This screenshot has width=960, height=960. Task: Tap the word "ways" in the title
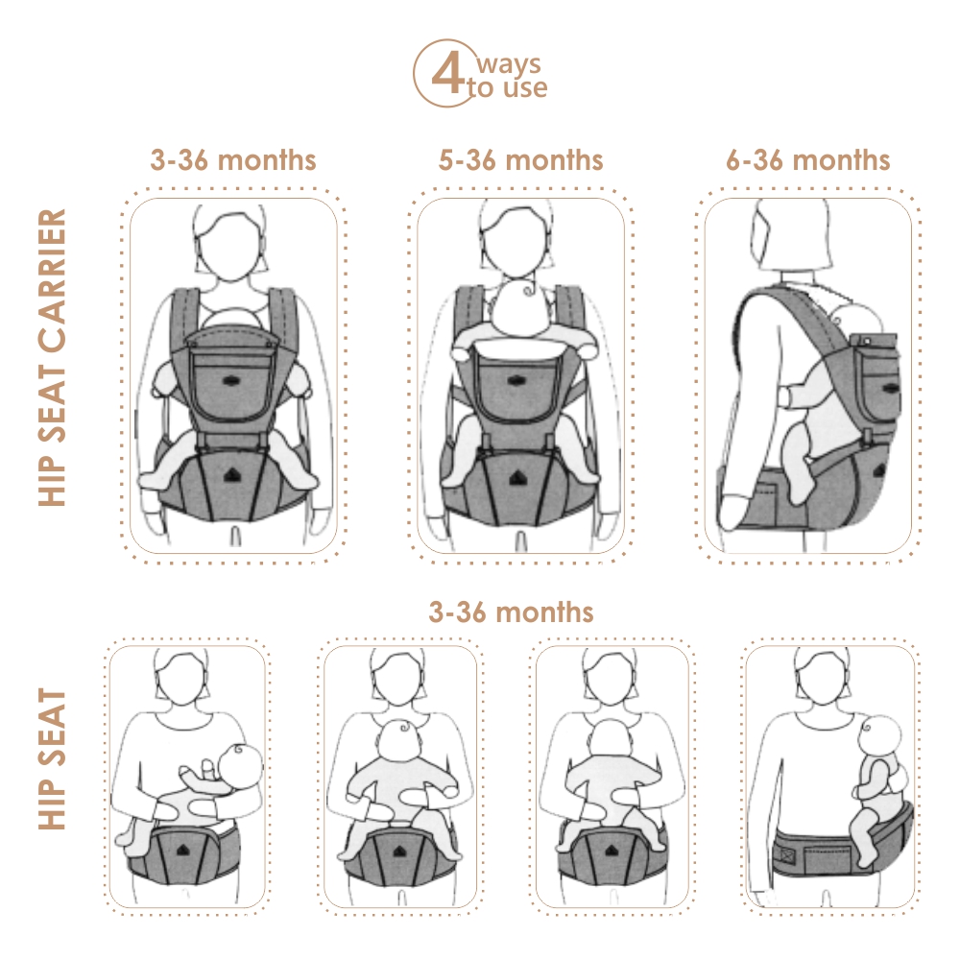[x=509, y=63]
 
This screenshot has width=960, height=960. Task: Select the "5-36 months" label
[x=521, y=160]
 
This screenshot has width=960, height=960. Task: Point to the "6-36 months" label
[x=808, y=160]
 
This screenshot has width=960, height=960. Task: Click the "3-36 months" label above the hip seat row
[x=512, y=612]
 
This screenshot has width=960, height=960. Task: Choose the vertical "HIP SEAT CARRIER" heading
[x=52, y=357]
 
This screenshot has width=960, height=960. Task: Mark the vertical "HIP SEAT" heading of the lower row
[x=52, y=758]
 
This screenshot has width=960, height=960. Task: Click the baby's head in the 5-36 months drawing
[x=518, y=308]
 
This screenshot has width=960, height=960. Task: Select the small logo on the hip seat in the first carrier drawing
[x=231, y=474]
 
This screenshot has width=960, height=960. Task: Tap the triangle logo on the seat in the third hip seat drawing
[x=611, y=851]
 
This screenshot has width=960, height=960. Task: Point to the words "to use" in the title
[x=507, y=87]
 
